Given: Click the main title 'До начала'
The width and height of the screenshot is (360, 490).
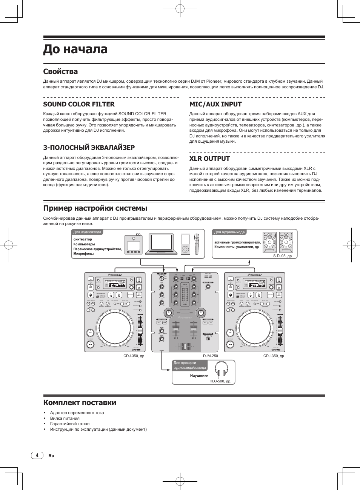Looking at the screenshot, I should click(x=75, y=49).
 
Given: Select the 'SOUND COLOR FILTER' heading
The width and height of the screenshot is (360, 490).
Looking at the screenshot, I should click(x=79, y=104).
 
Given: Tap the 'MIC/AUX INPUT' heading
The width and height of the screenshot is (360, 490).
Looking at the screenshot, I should click(x=215, y=104).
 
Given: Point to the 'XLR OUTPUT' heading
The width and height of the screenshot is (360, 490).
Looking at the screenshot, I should click(x=209, y=159).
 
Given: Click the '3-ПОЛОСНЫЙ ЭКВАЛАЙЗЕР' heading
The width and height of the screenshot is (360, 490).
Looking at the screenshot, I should click(x=89, y=148).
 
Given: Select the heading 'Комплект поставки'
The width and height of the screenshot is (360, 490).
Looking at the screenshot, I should click(x=80, y=402).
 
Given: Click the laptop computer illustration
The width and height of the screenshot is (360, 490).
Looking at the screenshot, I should click(x=163, y=243).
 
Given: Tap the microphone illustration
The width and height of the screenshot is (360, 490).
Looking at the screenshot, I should click(x=196, y=244).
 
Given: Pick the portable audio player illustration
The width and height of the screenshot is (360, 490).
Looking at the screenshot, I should click(x=185, y=244).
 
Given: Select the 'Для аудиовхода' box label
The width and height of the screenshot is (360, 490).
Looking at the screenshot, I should click(x=87, y=232).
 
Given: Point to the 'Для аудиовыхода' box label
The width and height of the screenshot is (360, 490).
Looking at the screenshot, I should click(x=229, y=232).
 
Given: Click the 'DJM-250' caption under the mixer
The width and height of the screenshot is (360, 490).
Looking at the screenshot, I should click(x=210, y=356).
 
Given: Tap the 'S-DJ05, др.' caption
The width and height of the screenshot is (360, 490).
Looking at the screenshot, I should click(x=283, y=256).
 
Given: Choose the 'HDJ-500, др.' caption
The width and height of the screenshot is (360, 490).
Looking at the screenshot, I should click(x=220, y=381).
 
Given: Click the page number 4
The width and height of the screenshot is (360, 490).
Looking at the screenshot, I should click(x=37, y=455).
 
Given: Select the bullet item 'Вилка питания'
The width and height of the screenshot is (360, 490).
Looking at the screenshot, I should click(x=65, y=418).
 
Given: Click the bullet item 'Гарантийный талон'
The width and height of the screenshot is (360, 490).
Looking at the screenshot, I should click(x=70, y=424).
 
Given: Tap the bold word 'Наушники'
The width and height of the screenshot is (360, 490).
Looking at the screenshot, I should click(x=199, y=376).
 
